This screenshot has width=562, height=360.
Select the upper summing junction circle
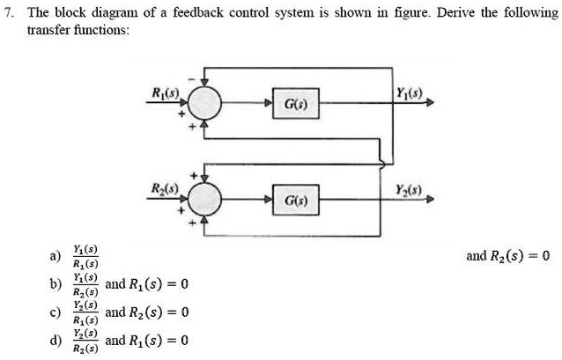[204, 104]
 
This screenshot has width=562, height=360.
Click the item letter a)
[55, 257]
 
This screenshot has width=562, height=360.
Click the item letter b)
[55, 285]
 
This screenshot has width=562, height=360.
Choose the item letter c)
[55, 313]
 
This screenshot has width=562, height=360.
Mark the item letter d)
[55, 342]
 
